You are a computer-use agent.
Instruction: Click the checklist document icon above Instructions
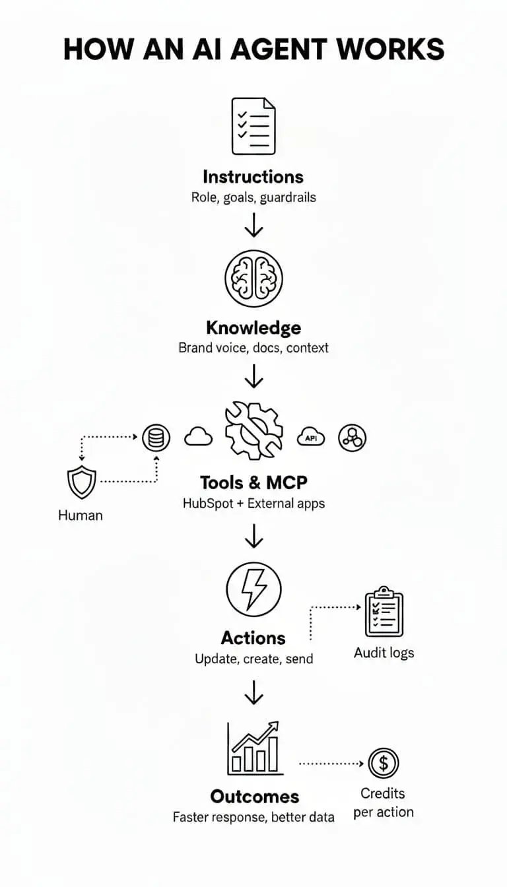click(x=253, y=126)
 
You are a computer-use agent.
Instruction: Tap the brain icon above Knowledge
click(x=253, y=278)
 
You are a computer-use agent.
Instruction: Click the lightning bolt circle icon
click(x=253, y=589)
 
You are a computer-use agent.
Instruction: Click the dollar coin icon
click(x=383, y=764)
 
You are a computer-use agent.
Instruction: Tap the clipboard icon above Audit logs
click(x=384, y=611)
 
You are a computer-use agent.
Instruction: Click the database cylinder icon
click(x=156, y=438)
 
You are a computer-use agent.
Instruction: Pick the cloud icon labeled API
click(x=312, y=437)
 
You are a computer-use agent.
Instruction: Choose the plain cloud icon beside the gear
click(x=198, y=436)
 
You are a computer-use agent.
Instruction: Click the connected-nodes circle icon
click(x=352, y=438)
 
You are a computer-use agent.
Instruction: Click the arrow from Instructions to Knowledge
click(x=253, y=225)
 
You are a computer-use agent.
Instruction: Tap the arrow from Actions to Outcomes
click(x=253, y=692)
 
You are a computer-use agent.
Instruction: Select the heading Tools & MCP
click(x=253, y=482)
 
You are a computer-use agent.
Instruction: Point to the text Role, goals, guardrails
click(x=253, y=197)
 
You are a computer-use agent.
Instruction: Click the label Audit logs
click(x=384, y=653)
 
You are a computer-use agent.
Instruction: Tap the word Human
click(x=81, y=515)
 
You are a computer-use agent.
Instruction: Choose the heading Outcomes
click(x=254, y=796)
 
